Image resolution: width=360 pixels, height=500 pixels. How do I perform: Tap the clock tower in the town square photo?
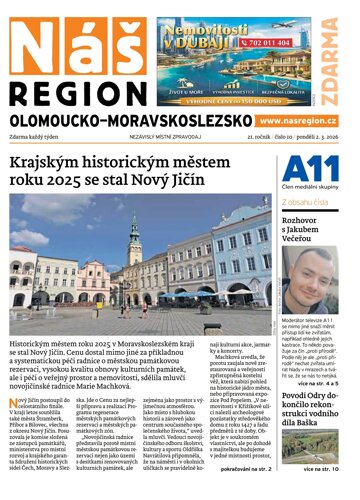134,240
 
